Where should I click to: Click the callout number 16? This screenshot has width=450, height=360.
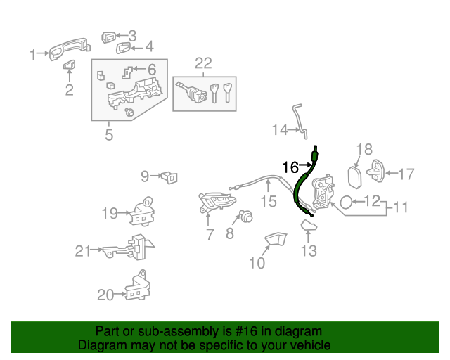[290, 167]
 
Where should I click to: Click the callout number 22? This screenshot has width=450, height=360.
[203, 64]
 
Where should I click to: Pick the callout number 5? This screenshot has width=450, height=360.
[109, 134]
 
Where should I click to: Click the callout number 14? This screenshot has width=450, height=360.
[281, 129]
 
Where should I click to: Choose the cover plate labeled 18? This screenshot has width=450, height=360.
[355, 175]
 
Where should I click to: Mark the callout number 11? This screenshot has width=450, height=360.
[400, 208]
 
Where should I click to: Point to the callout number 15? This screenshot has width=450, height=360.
[269, 202]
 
